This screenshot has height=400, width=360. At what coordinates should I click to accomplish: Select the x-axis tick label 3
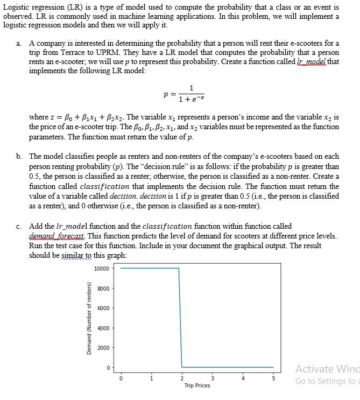tap(211, 378)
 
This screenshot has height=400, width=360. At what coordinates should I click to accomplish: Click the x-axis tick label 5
tap(272, 378)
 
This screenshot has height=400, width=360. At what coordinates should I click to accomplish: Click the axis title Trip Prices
tap(197, 385)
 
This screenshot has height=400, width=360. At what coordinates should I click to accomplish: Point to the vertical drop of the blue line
tap(180, 318)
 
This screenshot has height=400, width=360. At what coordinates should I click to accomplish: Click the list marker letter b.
tap(19, 156)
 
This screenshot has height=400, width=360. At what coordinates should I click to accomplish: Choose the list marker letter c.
tap(19, 226)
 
